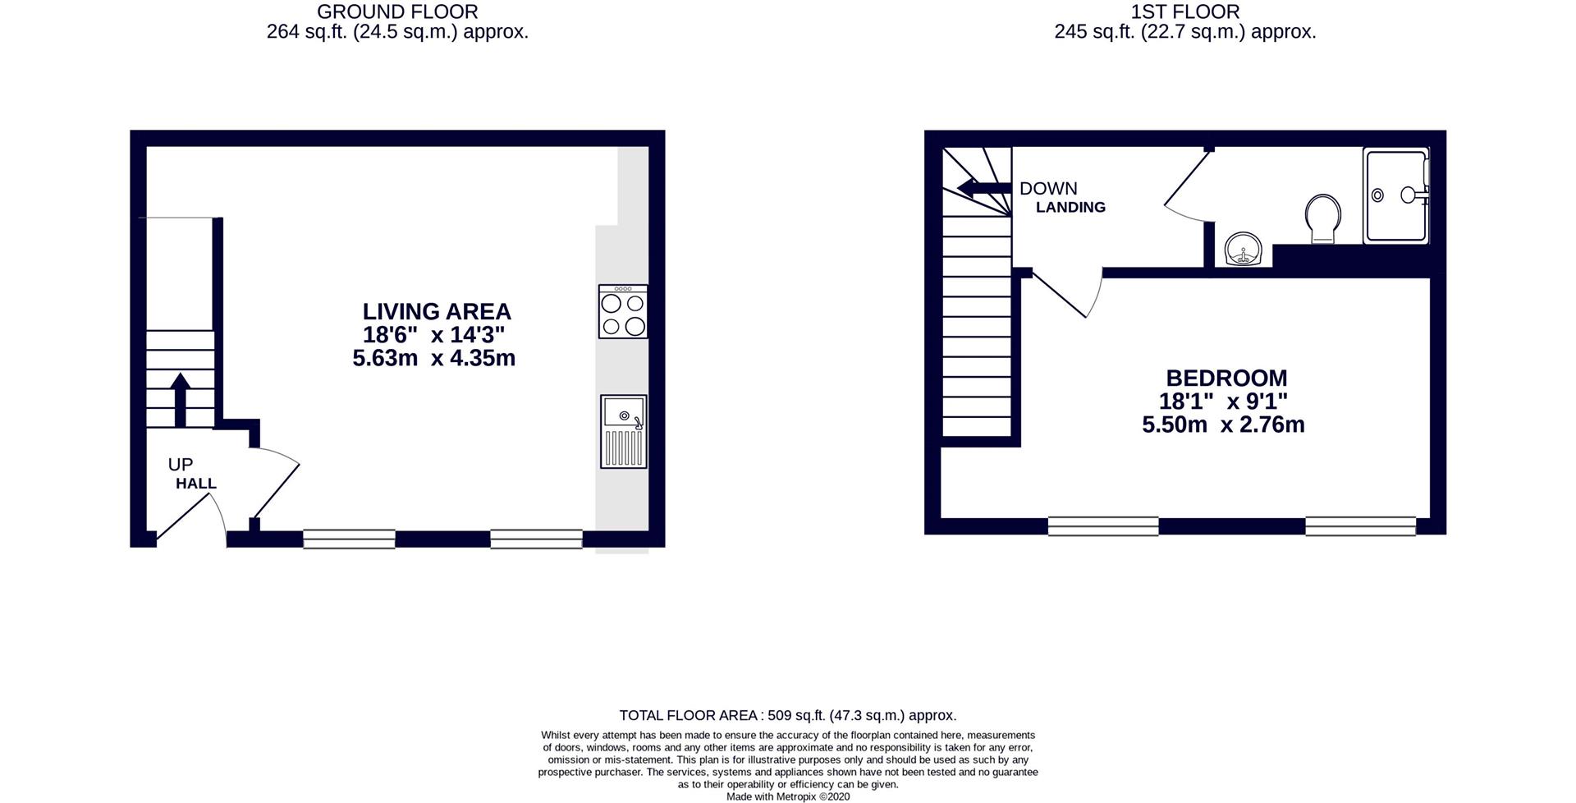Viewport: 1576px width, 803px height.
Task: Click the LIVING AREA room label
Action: coord(437,312)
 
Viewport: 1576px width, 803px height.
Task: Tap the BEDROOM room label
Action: coord(1226,379)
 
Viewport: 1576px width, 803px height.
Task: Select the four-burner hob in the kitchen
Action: coord(623,312)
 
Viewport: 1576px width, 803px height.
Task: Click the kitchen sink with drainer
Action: coord(623,432)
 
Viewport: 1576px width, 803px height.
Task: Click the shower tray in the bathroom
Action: coord(1395,195)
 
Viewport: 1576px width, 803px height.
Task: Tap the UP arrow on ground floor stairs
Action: coord(181,399)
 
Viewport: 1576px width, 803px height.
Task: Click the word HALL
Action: coord(196,484)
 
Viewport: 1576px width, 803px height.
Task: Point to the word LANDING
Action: coord(1070,208)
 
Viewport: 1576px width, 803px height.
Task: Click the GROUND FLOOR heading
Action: coord(397,11)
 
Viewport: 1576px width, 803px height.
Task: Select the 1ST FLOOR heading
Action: coord(1184,11)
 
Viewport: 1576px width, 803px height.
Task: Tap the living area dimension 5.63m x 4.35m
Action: coord(433,359)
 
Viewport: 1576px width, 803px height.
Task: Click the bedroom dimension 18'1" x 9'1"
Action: coord(1223,401)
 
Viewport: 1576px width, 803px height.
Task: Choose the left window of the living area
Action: coord(349,539)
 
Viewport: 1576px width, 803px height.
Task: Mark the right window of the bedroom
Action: coord(1360,525)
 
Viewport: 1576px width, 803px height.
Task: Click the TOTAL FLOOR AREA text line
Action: coord(787,716)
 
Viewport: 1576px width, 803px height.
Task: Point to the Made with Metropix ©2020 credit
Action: coord(787,796)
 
